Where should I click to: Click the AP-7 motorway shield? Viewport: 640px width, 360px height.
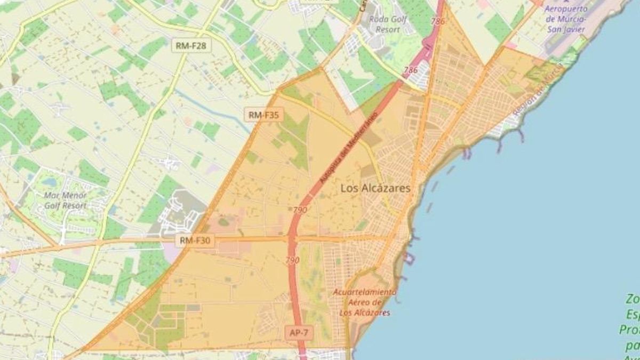click(x=299, y=332)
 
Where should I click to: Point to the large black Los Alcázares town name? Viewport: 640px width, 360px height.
click(x=375, y=188)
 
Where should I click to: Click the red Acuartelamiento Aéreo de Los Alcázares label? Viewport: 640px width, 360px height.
click(x=365, y=302)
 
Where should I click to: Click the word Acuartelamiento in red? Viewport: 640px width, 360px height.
click(x=365, y=292)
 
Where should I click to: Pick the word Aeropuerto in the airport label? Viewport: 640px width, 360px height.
click(x=566, y=9)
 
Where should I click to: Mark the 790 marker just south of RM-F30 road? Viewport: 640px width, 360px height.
click(x=293, y=260)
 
